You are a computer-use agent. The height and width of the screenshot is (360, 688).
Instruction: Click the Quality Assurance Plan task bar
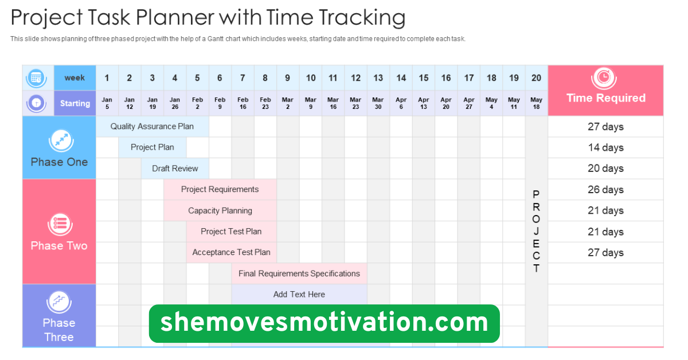point(152,127)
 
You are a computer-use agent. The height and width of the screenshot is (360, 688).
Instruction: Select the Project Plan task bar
point(152,147)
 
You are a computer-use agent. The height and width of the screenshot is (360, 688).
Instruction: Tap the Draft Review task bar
point(175,169)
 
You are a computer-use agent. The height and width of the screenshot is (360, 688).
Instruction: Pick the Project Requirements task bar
point(220,190)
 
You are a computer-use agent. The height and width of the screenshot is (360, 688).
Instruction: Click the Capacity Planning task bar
point(220,210)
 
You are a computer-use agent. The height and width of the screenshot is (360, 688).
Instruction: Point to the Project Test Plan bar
point(231,232)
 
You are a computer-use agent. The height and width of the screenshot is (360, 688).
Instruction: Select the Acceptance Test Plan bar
point(231,252)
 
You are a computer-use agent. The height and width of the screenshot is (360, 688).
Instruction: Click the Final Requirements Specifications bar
point(299,273)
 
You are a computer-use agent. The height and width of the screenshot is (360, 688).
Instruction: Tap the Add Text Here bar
point(299,294)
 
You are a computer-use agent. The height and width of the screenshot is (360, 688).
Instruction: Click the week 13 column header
point(378,78)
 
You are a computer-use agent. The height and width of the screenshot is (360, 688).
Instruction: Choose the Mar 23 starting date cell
point(356,103)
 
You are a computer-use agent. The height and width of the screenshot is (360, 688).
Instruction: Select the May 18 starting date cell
point(536,103)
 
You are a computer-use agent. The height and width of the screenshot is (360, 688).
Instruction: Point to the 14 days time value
point(605,147)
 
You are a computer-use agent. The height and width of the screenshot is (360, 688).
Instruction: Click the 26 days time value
point(605,190)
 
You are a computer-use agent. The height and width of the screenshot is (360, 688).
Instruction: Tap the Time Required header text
point(605,98)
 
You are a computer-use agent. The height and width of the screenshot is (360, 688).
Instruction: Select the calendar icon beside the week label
point(37,77)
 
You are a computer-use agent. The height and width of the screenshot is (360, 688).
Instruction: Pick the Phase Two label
point(59,246)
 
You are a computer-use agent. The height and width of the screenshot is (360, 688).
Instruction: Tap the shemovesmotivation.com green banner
point(324,323)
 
